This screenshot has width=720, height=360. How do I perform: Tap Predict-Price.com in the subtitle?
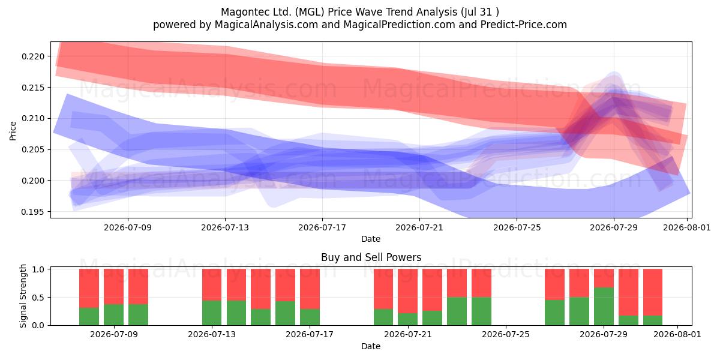pos(524,25)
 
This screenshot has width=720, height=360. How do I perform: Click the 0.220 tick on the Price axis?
pos(33,56)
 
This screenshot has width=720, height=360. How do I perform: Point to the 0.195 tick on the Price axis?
pos(33,212)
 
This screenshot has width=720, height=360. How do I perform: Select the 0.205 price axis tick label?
pos(33,150)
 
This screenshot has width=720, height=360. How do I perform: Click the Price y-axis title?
pos(13,131)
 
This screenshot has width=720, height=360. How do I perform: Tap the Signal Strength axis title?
pos(23,296)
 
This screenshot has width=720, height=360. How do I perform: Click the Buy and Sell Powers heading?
pos(371,257)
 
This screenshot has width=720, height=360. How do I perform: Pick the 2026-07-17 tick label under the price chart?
pos(322,227)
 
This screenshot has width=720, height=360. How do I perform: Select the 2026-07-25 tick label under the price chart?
pos(517,227)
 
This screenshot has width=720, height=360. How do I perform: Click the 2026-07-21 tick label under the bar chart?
pos(408,334)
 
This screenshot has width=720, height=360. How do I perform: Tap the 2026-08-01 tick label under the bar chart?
pos(677,334)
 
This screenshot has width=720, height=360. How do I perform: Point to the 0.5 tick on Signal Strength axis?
pos(38,298)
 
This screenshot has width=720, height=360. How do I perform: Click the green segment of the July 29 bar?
pos(604,307)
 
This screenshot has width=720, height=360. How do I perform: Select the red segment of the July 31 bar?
pos(653,292)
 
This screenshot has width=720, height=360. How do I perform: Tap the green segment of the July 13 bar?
pos(212,313)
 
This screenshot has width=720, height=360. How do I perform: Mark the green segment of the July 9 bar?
pos(113,314)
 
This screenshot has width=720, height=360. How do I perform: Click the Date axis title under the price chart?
pos(371,239)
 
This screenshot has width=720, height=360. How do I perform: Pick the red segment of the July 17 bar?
pos(310,289)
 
